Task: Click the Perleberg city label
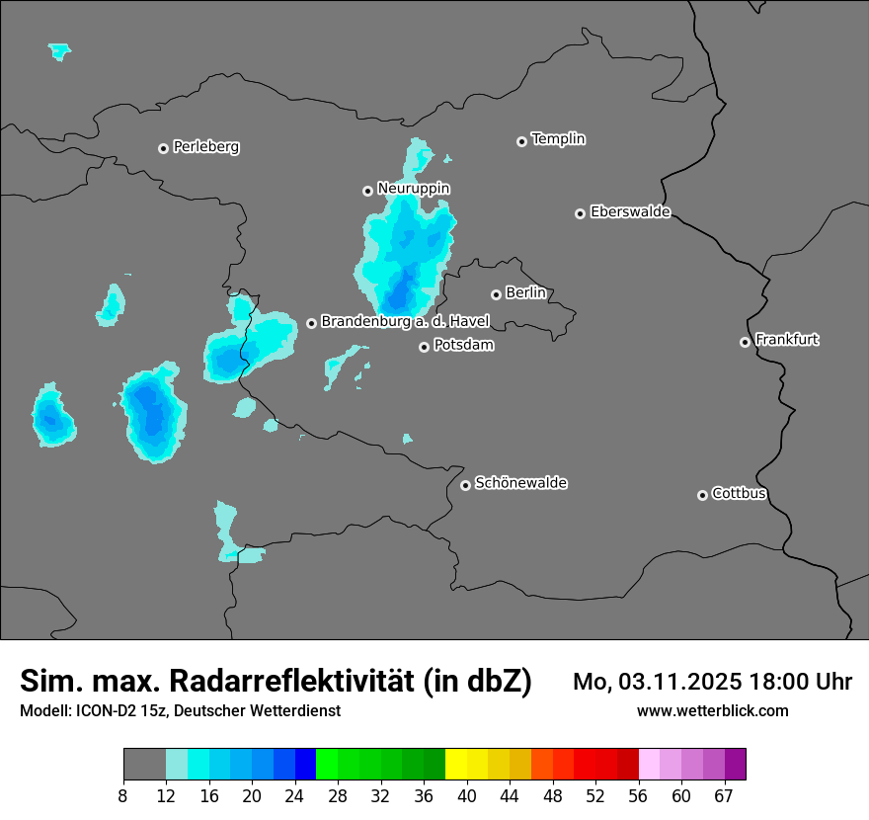(x=205, y=147)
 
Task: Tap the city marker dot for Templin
(x=521, y=141)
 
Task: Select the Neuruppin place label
(x=413, y=188)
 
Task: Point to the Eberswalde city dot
(x=580, y=213)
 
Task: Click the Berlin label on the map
(x=525, y=292)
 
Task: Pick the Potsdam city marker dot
(x=424, y=347)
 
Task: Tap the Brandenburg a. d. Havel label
(x=405, y=322)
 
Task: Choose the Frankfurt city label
(x=787, y=340)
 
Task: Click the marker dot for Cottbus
(x=702, y=495)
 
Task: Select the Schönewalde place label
(x=520, y=483)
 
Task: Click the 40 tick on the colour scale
(x=467, y=796)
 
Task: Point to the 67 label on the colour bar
(x=724, y=796)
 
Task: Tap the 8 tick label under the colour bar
(x=123, y=796)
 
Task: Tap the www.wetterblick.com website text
(x=712, y=711)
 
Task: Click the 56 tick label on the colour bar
(x=639, y=796)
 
